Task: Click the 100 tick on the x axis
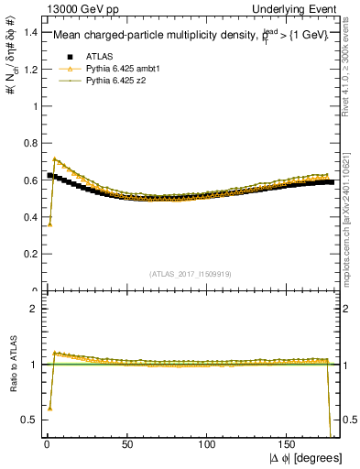(207, 448)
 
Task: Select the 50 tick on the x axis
(126, 448)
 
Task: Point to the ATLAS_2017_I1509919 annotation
(191, 273)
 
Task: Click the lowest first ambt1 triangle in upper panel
(49, 224)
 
